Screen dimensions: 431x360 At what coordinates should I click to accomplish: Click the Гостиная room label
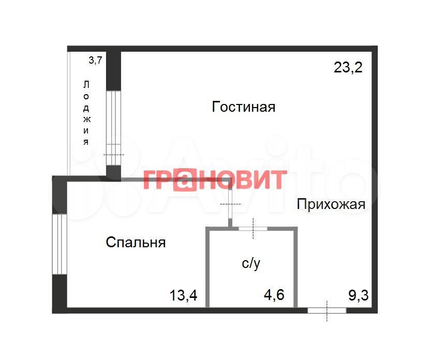tap(244, 107)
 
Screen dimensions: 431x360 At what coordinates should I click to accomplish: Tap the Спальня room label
tap(136, 243)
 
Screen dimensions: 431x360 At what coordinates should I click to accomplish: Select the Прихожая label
tap(331, 204)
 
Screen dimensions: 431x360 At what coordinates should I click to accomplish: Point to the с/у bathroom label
tap(251, 264)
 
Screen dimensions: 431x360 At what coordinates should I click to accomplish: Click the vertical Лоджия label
tap(86, 113)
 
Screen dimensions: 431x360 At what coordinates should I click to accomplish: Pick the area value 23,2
tap(348, 67)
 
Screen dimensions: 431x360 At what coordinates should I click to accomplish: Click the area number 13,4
tap(183, 295)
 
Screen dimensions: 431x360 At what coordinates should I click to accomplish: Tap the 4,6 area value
tap(274, 295)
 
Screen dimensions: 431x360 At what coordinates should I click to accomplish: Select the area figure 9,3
tap(359, 295)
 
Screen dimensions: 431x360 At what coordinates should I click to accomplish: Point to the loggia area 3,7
tap(95, 60)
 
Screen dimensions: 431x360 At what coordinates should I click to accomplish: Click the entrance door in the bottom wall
tap(327, 310)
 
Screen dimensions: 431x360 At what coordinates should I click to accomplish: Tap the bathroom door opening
tap(253, 229)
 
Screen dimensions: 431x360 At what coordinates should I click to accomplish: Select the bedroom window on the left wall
tap(60, 244)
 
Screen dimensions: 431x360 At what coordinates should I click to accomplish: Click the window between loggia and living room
tap(113, 128)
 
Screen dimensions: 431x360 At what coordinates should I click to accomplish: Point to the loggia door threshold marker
tap(114, 155)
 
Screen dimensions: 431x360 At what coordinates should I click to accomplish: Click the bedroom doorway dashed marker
tap(230, 204)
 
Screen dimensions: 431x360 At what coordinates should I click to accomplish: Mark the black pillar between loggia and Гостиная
tap(113, 71)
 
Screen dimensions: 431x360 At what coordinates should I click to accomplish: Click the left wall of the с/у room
tap(208, 267)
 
